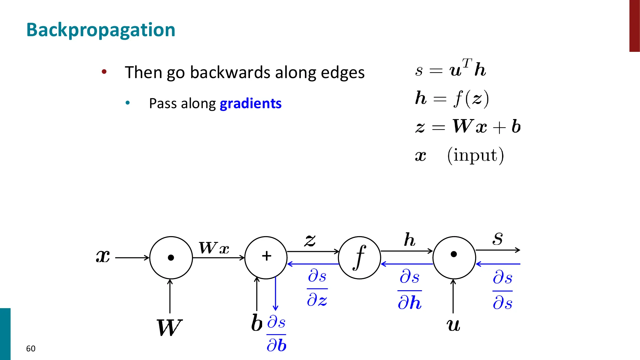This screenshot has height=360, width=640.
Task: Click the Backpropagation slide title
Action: point(100,30)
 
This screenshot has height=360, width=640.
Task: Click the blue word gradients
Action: point(251,104)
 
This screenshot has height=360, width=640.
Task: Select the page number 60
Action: point(31,348)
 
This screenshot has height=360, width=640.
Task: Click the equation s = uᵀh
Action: point(451,69)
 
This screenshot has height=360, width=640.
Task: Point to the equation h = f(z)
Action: point(452,98)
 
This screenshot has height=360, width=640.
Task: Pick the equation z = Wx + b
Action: point(468,127)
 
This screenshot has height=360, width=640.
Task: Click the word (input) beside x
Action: point(476,156)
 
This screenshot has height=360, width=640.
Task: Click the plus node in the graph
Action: point(266,257)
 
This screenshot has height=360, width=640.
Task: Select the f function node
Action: point(359,258)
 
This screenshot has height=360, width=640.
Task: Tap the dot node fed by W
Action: point(171,258)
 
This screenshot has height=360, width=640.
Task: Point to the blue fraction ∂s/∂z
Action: point(317,288)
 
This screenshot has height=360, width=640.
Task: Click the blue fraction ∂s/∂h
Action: point(410,290)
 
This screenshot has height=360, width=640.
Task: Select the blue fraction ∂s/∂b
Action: point(276,334)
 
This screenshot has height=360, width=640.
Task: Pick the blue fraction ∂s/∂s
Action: point(502,290)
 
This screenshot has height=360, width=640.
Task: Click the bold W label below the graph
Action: point(169,328)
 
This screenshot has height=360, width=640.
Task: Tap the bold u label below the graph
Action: point(453,325)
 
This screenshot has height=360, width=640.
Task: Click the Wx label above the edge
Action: point(214,248)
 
